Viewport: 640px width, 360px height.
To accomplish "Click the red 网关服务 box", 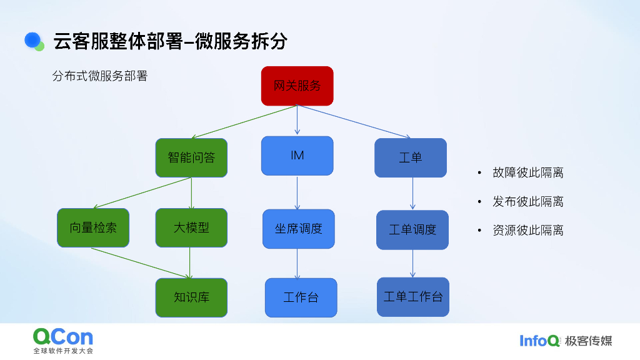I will click(297, 86).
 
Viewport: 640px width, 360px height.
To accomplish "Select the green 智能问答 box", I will click(191, 157).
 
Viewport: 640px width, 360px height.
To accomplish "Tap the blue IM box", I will click(297, 156).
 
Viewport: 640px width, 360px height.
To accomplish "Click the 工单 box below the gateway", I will click(411, 157).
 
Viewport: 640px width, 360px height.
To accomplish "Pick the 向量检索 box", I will click(93, 227).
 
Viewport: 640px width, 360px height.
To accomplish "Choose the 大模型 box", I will click(191, 227).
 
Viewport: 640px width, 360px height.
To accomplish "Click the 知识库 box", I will click(191, 297).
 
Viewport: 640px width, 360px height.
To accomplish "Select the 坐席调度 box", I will click(299, 229).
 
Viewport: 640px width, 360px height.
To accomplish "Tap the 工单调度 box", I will click(412, 229).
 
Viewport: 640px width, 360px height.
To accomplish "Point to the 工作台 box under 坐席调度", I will click(301, 297).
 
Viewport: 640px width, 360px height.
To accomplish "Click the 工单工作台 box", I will click(413, 297).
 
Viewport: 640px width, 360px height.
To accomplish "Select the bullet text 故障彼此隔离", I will click(527, 173).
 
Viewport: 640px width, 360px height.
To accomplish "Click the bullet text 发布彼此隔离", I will click(527, 202).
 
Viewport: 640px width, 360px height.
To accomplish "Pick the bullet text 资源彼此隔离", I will click(527, 231).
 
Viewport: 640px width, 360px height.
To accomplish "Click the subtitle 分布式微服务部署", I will click(100, 76).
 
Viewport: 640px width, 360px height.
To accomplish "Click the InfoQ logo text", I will click(539, 341).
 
